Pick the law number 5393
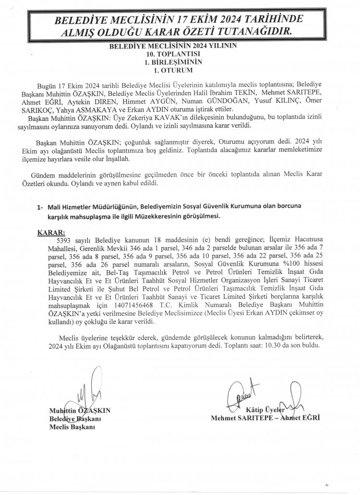coord(65,239)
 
